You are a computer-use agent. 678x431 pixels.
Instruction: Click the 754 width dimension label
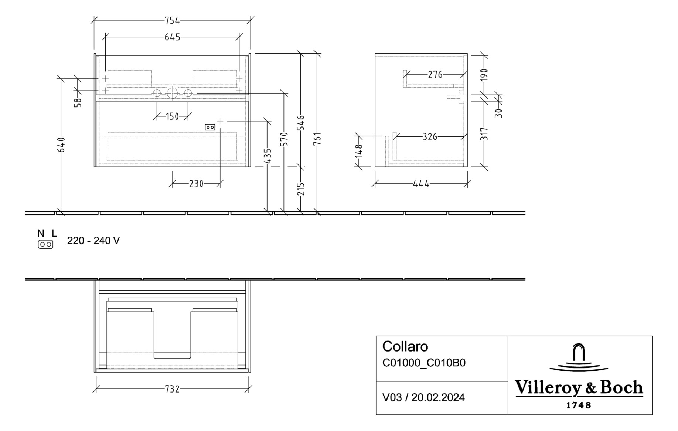pyautogui.click(x=172, y=21)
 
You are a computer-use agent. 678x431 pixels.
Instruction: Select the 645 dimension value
pyautogui.click(x=172, y=37)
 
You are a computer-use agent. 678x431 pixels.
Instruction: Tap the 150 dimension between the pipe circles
pyautogui.click(x=172, y=117)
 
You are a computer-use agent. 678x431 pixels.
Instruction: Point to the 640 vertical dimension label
pyautogui.click(x=62, y=145)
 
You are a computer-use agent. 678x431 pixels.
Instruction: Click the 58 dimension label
pyautogui.click(x=78, y=102)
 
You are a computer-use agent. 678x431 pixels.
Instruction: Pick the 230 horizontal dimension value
pyautogui.click(x=196, y=184)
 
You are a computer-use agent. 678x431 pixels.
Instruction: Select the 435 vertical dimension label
pyautogui.click(x=268, y=156)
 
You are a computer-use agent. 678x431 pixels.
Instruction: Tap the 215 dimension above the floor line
pyautogui.click(x=301, y=189)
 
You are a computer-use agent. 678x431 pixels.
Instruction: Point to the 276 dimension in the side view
pyautogui.click(x=435, y=75)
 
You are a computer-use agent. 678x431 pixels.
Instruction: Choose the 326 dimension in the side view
pyautogui.click(x=430, y=137)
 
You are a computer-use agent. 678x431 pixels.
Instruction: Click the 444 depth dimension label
pyautogui.click(x=421, y=184)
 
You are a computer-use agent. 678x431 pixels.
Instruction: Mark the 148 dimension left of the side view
pyautogui.click(x=359, y=151)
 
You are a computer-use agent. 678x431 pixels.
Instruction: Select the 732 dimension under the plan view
pyautogui.click(x=172, y=389)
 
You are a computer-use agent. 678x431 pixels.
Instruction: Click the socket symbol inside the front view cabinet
pyautogui.click(x=210, y=127)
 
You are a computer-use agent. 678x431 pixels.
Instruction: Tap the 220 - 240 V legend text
pyautogui.click(x=93, y=241)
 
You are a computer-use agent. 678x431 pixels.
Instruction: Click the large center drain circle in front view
pyautogui.click(x=172, y=93)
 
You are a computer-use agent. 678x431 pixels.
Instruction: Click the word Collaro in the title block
pyautogui.click(x=405, y=347)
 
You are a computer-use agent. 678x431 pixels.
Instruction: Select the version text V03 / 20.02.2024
pyautogui.click(x=423, y=398)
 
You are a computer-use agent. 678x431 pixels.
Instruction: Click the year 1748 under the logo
pyautogui.click(x=579, y=405)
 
